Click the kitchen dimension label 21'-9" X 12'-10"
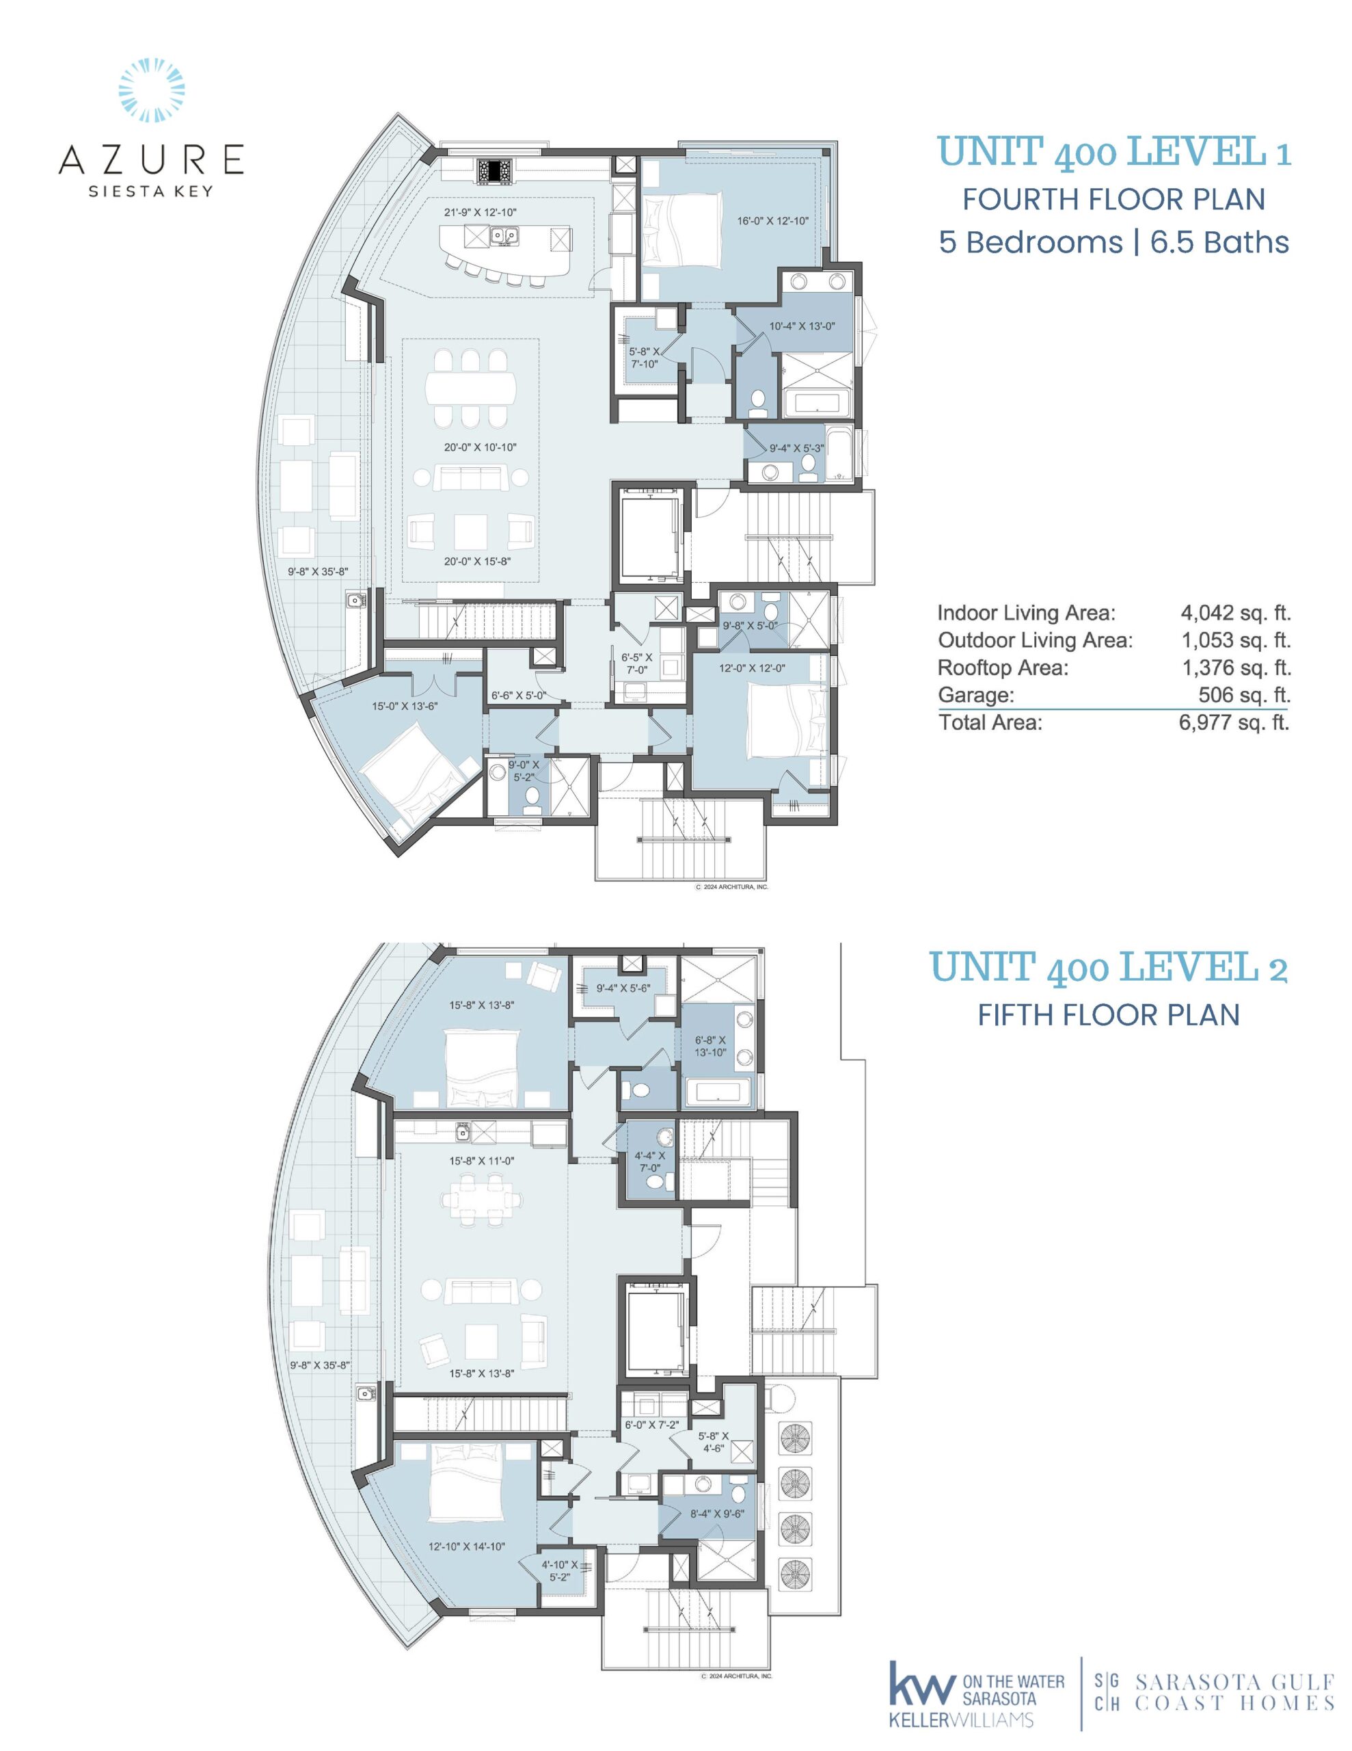pos(481,213)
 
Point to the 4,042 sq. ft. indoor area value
pos(1235,614)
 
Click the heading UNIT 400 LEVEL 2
pos(1109,967)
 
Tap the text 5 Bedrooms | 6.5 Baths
pos(1114,242)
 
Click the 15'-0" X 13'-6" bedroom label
pos(405,707)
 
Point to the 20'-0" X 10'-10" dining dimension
pos(481,447)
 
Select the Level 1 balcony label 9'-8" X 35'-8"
pos(318,572)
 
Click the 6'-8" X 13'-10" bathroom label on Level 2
pos(710,1045)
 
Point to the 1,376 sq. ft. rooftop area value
pos(1235,668)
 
